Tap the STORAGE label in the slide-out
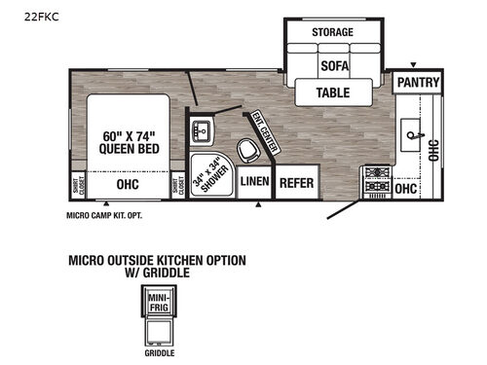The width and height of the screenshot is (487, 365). [332, 32]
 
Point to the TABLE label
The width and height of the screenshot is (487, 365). [332, 92]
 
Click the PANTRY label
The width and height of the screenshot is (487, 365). [418, 84]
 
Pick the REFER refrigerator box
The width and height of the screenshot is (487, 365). [296, 182]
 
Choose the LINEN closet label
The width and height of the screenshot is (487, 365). [254, 182]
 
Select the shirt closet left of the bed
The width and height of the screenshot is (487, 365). [78, 183]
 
